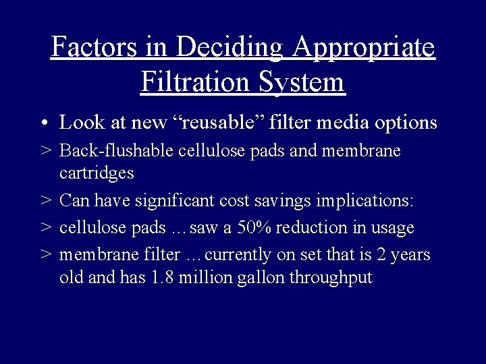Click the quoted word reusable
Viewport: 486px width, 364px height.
[223, 123]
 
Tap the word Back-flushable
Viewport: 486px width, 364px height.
[118, 151]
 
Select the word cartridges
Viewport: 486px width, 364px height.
[97, 173]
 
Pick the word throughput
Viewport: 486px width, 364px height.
[331, 277]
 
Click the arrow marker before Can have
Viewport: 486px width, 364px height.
[45, 201]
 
